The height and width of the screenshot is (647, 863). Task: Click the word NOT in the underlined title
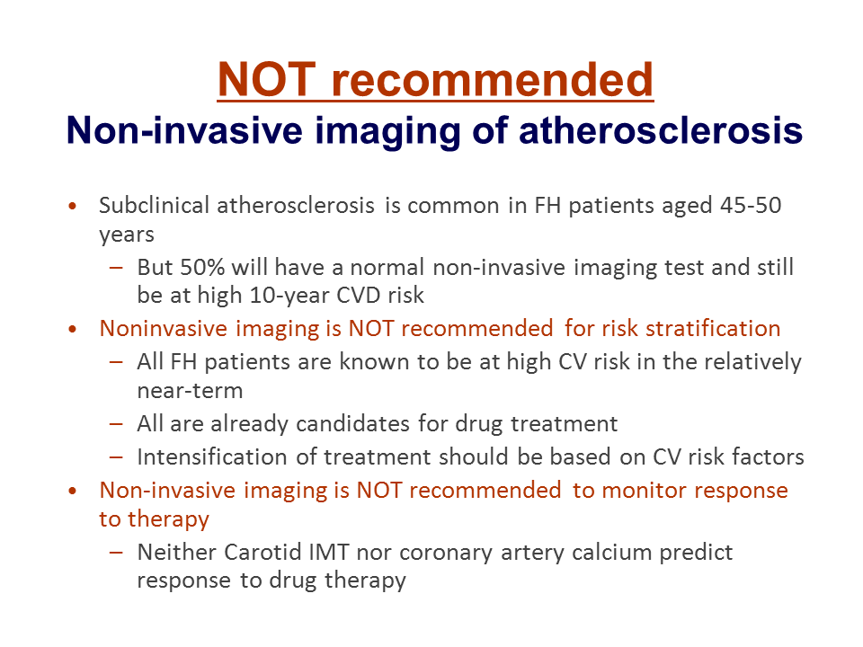(x=266, y=79)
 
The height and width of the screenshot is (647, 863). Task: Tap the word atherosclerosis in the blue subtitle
(x=661, y=130)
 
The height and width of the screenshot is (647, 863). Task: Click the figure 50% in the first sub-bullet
(x=202, y=268)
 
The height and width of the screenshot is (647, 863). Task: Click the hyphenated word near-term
(x=190, y=391)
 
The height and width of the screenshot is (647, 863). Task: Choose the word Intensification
(x=212, y=456)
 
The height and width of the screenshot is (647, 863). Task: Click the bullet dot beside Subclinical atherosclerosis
(x=73, y=207)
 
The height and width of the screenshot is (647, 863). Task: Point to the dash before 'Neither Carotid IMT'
(x=116, y=553)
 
